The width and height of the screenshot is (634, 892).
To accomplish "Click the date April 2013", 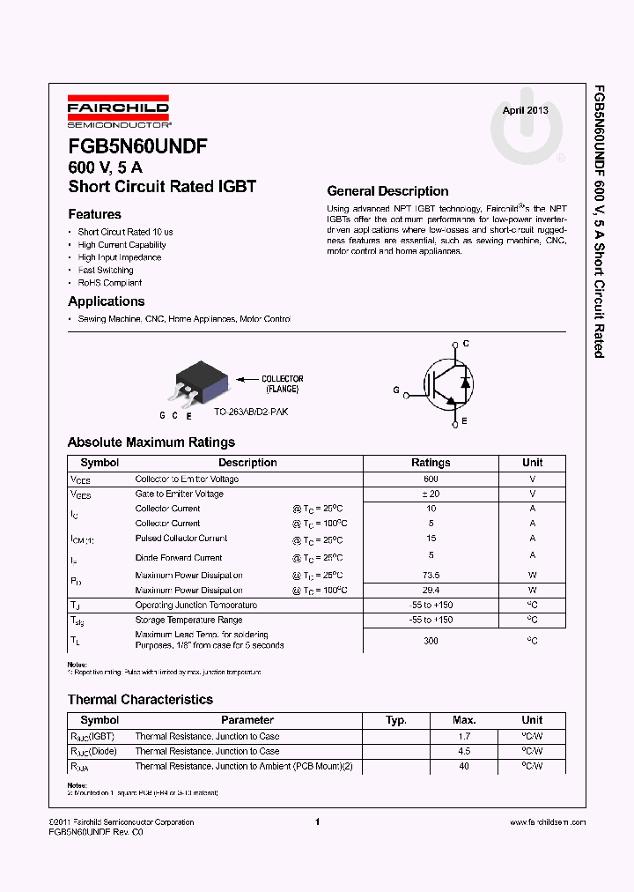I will point(525,110).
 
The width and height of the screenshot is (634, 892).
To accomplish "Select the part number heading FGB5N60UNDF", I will point(137,147).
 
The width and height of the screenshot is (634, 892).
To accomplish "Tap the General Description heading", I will point(387,191).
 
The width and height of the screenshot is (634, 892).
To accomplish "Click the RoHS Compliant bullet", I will point(109,283).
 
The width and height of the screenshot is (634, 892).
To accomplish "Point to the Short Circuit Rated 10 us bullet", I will point(125,232).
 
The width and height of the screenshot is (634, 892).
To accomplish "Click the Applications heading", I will point(106,301).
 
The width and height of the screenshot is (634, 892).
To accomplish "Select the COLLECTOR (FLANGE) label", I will point(282,383).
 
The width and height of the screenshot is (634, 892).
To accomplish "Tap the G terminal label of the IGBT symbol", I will point(396,390).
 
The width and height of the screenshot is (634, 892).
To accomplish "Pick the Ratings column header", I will point(431,463).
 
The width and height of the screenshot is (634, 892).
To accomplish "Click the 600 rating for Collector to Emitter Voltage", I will point(431,479).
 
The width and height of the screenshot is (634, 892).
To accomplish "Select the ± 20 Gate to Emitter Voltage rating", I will point(431,494).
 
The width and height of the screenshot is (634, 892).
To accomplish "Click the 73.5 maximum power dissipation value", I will point(431,575).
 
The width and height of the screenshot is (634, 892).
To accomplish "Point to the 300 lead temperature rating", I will point(431,641).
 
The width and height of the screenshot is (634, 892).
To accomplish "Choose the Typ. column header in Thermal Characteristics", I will point(396,720).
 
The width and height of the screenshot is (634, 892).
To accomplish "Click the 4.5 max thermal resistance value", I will point(464,752).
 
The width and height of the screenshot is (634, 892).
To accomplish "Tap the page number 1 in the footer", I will point(316,822).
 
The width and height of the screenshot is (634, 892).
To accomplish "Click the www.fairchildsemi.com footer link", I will point(547,822).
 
